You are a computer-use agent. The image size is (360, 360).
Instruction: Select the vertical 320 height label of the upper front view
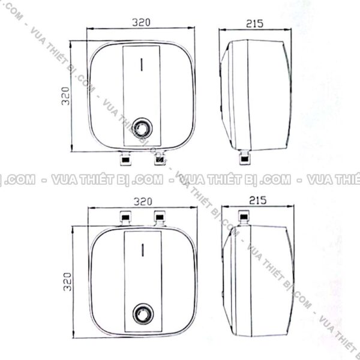pos(67,96)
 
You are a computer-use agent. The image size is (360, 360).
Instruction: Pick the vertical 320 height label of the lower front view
pos(67,280)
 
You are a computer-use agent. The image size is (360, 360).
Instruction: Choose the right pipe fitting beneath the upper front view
pos(159,159)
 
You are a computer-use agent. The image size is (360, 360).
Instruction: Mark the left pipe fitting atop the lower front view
pos(126,217)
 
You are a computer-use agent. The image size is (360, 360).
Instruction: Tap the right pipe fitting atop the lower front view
pos(159,217)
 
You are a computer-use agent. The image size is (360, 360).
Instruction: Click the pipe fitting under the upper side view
pos(245,158)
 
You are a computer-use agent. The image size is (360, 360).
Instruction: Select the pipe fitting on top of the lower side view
pos(245,217)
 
